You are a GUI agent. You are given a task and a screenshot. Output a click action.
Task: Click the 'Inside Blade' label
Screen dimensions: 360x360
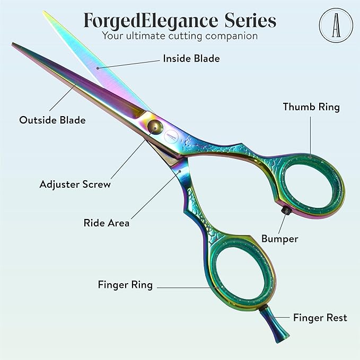[x=191, y=58]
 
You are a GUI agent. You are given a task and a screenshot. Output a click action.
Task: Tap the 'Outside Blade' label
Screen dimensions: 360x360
[x=52, y=120]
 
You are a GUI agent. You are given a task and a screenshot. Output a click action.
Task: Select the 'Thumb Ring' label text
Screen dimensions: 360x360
[x=311, y=107]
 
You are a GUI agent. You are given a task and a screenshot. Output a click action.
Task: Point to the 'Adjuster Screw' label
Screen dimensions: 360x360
[x=75, y=185]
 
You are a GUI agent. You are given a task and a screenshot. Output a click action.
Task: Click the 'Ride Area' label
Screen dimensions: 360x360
[x=107, y=223]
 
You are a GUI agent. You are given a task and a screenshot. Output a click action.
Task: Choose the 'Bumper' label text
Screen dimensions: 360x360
[x=279, y=239]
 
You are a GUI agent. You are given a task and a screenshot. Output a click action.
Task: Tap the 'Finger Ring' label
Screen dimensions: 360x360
[x=125, y=285]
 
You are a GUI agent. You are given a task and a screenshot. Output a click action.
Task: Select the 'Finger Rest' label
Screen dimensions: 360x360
[x=320, y=318]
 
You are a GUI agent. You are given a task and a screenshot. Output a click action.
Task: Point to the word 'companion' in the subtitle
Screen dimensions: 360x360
[x=229, y=36]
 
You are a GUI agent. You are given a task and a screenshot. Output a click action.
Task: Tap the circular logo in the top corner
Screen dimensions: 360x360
[x=334, y=24]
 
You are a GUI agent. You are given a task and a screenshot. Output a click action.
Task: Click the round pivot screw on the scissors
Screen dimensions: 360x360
[x=155, y=126]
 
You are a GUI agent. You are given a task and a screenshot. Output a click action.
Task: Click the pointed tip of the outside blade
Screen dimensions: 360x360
[x=14, y=46]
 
